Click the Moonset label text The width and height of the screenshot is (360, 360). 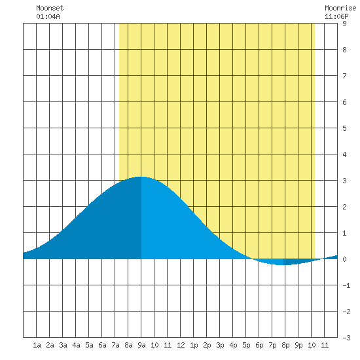point(50,8)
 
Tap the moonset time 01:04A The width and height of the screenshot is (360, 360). point(48,16)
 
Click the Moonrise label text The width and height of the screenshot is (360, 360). point(340,8)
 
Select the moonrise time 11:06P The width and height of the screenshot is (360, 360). point(336,16)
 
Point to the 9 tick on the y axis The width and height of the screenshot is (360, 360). point(344,24)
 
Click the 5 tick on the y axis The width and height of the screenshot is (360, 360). point(344,128)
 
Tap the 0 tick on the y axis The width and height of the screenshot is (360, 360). point(344,259)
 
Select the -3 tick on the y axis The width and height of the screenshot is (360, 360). point(346,338)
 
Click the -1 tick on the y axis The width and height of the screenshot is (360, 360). point(346,285)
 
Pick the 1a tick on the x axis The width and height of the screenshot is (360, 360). point(37,345)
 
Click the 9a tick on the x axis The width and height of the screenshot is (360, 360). point(141,345)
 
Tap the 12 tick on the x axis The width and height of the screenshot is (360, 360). point(181,345)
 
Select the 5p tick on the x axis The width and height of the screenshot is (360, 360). point(246,345)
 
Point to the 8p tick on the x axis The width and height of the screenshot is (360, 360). point(285,345)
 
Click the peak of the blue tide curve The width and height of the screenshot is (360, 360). point(141,177)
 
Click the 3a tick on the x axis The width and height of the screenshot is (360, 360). point(63,345)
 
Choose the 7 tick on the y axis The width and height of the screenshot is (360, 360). point(344,76)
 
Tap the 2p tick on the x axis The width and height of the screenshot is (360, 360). point(207,345)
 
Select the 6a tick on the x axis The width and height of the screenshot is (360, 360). point(102,345)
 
